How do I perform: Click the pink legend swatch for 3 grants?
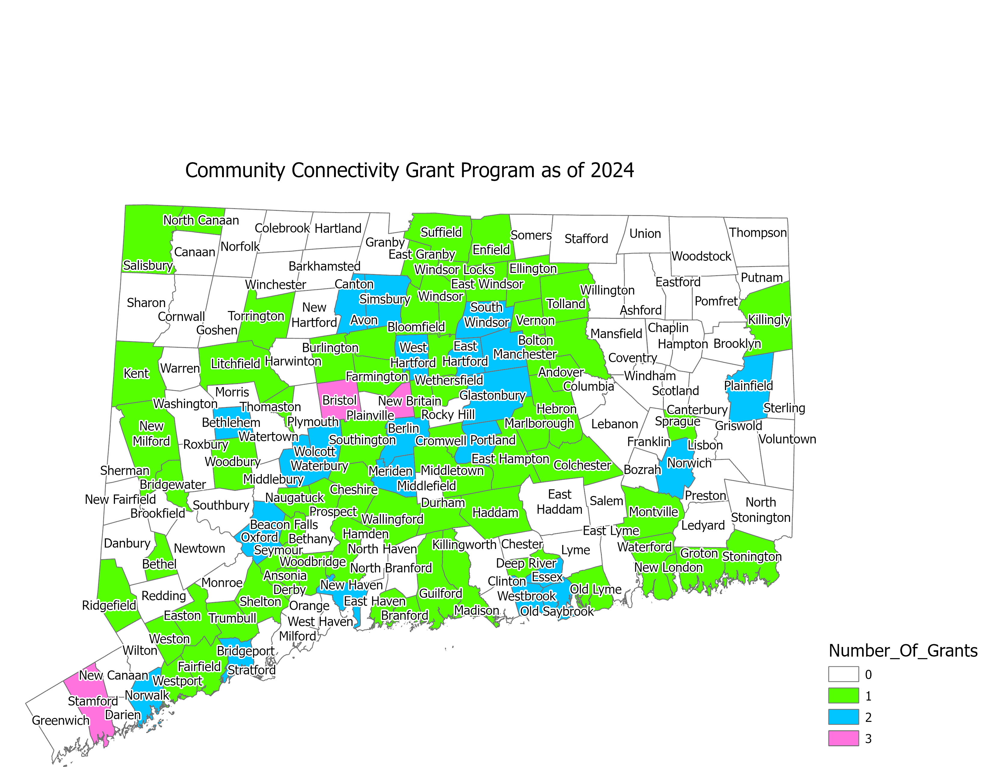pyautogui.click(x=843, y=738)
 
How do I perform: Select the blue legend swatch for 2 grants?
pyautogui.click(x=843, y=717)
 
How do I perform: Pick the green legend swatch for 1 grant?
pyautogui.click(x=843, y=696)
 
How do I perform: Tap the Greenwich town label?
pyautogui.click(x=60, y=720)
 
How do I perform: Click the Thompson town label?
pyautogui.click(x=758, y=233)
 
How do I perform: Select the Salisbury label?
pyautogui.click(x=148, y=265)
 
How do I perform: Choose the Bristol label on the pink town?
pyautogui.click(x=339, y=400)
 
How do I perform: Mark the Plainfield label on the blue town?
pyautogui.click(x=748, y=386)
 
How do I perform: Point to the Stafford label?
pyautogui.click(x=586, y=239)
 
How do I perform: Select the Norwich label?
pyautogui.click(x=689, y=463)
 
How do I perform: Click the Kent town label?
pyautogui.click(x=136, y=374)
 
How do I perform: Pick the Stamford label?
pyautogui.click(x=93, y=701)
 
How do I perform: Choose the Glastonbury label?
pyautogui.click(x=492, y=395)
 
